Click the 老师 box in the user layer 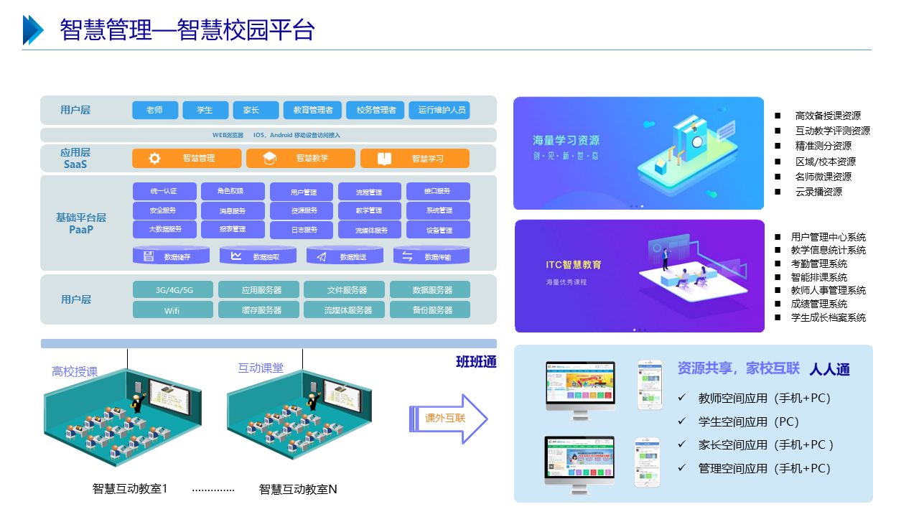(155, 110)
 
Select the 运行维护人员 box (439, 110)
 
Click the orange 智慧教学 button (301, 158)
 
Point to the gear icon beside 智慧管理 (154, 159)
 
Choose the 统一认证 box (164, 191)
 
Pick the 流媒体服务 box (371, 230)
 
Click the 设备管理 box (439, 230)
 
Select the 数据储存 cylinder (172, 256)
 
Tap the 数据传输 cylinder (431, 256)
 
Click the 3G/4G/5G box (173, 290)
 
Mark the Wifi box (173, 310)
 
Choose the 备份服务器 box (430, 310)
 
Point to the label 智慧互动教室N (298, 490)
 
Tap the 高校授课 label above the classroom (75, 371)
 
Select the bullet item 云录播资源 (818, 192)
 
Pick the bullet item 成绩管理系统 (818, 304)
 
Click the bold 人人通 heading (829, 370)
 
